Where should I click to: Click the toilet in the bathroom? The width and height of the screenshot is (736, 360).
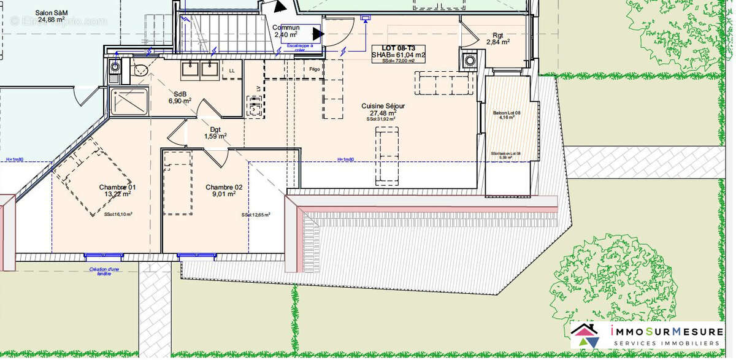tap(139, 68)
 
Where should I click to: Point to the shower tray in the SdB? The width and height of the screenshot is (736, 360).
tap(129, 101)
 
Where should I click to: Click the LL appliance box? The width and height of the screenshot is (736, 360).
tap(232, 70)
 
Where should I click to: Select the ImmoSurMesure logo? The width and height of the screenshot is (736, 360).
tap(647, 337)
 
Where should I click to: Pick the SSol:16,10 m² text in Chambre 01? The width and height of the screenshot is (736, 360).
tap(118, 215)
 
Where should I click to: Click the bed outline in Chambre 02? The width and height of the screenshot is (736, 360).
tap(178, 184)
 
